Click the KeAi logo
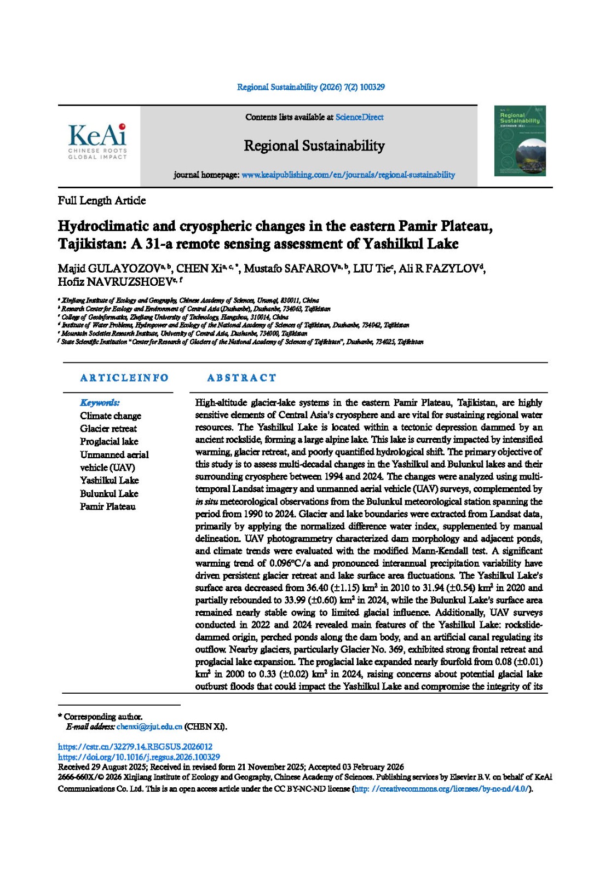click(97, 141)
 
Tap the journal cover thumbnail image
click(520, 141)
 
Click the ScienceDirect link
click(359, 117)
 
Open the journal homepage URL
click(348, 175)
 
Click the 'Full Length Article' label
click(102, 200)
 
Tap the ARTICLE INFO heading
click(124, 378)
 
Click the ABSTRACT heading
click(241, 378)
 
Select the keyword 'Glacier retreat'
click(108, 429)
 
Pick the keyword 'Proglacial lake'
click(109, 442)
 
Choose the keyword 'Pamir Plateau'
click(108, 506)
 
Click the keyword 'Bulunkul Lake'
click(109, 493)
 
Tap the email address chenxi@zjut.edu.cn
click(149, 727)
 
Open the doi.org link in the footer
click(139, 757)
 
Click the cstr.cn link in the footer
click(135, 746)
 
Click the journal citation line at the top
click(310, 87)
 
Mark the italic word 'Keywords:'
click(100, 402)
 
